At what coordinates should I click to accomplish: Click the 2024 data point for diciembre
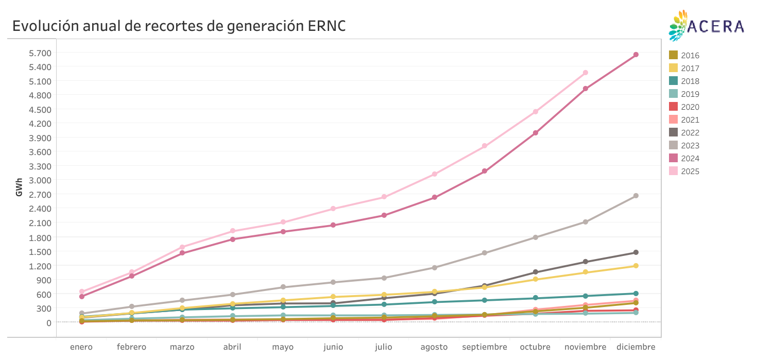pos(636,55)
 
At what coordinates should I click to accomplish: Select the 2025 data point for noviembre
pos(585,73)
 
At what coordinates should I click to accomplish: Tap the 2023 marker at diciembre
pos(636,196)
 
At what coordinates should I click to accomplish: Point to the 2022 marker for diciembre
pos(636,252)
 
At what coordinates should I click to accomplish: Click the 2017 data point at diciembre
pos(636,266)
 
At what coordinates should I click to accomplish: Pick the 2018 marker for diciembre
pos(636,294)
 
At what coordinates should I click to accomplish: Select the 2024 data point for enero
pos(81,297)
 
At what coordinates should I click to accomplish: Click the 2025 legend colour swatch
pos(673,171)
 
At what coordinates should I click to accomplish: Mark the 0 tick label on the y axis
pos(48,323)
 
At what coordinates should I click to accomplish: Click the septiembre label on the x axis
pos(484,347)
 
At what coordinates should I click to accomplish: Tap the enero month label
pos(81,347)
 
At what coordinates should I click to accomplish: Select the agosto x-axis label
pos(434,347)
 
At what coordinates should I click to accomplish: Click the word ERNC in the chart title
pos(327,26)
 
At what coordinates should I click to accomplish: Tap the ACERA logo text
pos(716,26)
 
